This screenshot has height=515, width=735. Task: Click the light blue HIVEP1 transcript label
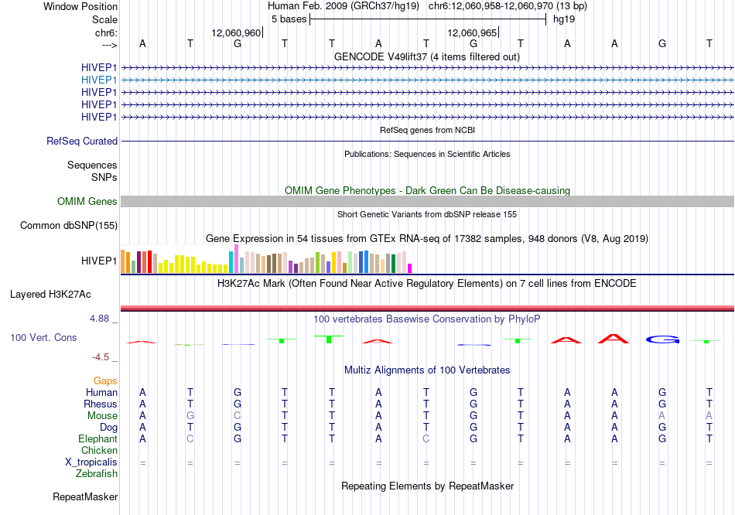[99, 80]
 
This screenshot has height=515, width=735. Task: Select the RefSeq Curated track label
[82, 141]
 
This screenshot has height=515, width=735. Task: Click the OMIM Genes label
[87, 202]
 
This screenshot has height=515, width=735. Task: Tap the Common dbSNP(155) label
[69, 225]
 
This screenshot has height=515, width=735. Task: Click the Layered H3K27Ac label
[50, 295]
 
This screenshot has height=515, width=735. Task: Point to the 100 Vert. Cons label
[43, 337]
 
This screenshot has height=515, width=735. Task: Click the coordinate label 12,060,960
[236, 32]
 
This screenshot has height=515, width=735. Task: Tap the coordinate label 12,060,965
[472, 32]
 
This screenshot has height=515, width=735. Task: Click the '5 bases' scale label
[289, 19]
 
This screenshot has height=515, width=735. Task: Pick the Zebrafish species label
[97, 474]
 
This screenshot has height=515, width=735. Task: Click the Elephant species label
[98, 439]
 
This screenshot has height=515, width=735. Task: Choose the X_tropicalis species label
[91, 462]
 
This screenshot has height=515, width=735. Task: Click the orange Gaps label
[105, 381]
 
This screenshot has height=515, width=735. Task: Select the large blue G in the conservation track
[662, 339]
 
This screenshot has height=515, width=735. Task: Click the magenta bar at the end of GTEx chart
[410, 268]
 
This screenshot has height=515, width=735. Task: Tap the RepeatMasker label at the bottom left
[85, 496]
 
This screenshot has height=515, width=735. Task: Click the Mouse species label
[102, 416]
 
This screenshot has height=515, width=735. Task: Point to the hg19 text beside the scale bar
[564, 19]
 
